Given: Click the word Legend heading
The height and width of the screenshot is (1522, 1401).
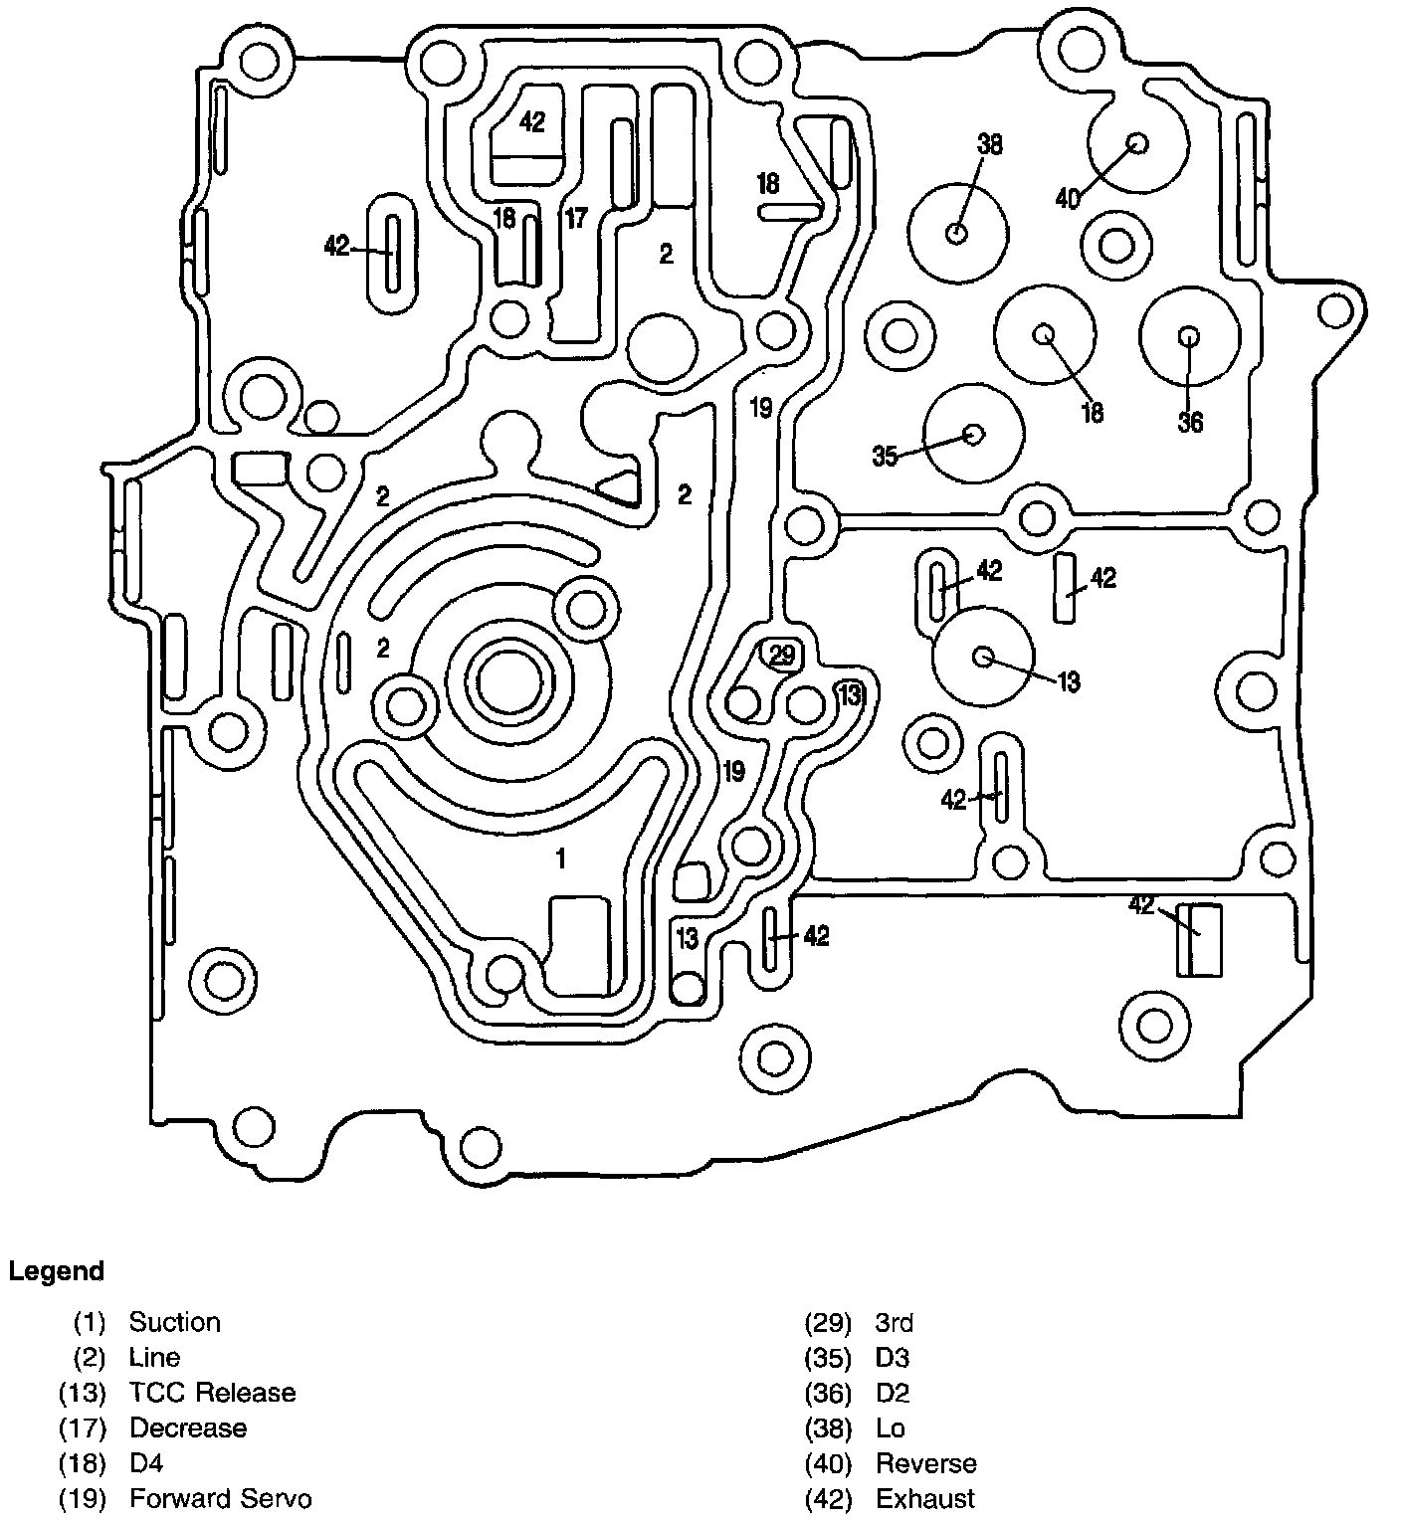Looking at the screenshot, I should (56, 1271).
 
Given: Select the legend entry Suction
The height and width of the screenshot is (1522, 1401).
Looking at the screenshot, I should (174, 1322).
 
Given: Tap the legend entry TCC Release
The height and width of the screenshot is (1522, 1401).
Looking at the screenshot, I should (212, 1392).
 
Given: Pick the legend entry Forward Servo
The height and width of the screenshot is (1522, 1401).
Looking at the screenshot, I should (220, 1498).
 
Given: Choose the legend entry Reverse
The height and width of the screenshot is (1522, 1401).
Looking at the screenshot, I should (925, 1463).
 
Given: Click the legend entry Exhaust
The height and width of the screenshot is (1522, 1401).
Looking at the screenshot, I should (925, 1498).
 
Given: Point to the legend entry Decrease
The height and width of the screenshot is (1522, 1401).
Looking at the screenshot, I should (188, 1427).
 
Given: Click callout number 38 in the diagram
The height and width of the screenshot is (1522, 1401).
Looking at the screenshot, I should (989, 145).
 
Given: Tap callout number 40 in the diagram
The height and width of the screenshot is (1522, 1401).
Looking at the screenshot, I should (1067, 199).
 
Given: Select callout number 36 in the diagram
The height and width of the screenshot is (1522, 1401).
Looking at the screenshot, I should (1190, 422).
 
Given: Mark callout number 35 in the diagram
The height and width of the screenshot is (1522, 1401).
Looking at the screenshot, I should (885, 457).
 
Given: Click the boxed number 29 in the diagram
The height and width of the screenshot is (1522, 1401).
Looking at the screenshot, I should (782, 654).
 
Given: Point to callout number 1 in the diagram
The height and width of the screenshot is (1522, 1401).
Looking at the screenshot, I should (561, 857).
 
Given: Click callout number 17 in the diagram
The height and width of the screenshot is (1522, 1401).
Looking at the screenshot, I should (577, 218).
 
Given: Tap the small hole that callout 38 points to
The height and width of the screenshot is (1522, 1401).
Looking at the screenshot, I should (957, 234).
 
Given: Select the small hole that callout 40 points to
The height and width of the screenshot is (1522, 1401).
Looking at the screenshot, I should (1137, 142).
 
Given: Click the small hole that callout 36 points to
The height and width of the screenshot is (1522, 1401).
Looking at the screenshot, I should (1189, 336).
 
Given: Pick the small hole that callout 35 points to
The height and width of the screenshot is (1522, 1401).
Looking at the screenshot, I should (974, 434).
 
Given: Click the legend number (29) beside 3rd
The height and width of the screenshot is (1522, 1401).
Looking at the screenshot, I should (828, 1322).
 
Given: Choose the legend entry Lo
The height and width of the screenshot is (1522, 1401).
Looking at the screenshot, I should (891, 1427).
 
